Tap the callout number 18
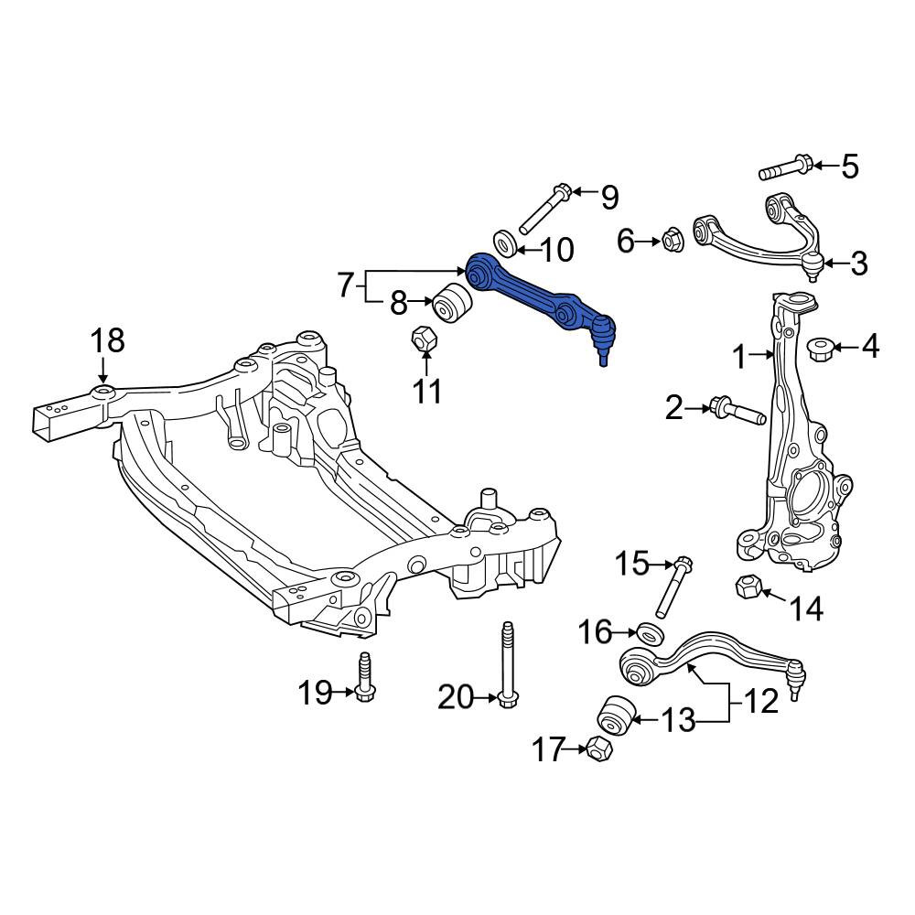pyautogui.click(x=108, y=340)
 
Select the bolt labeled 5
pyautogui.click(x=784, y=167)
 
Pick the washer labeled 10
pyautogui.click(x=505, y=243)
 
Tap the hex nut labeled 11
pyautogui.click(x=425, y=339)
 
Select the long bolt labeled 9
pyautogui.click(x=544, y=210)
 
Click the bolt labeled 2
pyautogui.click(x=737, y=411)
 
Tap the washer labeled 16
pyautogui.click(x=650, y=634)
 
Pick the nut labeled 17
pyautogui.click(x=598, y=749)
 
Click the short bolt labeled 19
pyautogui.click(x=364, y=677)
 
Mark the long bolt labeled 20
pyautogui.click(x=508, y=666)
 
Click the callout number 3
pyautogui.click(x=858, y=264)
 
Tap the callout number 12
pyautogui.click(x=760, y=701)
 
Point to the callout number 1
pyautogui.click(x=740, y=357)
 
